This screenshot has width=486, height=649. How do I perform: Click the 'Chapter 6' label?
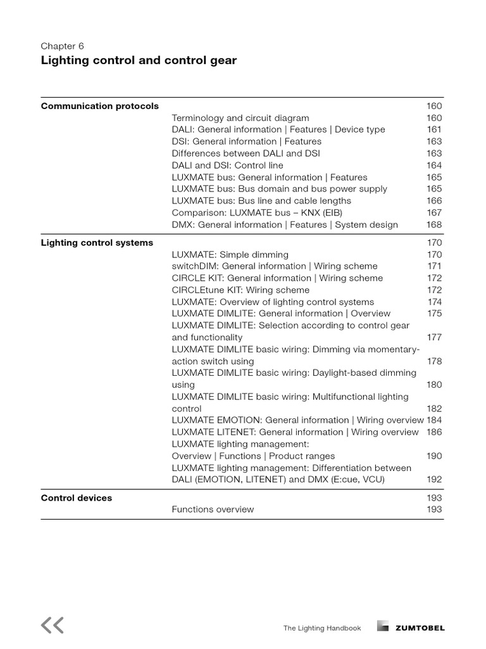click(x=62, y=46)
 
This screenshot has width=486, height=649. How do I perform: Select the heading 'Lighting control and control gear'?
click(x=139, y=61)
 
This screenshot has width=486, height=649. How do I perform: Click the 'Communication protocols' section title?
click(x=99, y=106)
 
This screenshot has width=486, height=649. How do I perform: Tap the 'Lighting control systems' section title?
click(x=97, y=243)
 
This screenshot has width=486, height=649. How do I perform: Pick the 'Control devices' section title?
click(x=76, y=498)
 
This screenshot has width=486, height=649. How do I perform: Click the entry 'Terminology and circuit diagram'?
click(x=240, y=118)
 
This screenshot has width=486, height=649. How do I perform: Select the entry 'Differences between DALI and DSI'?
click(x=246, y=153)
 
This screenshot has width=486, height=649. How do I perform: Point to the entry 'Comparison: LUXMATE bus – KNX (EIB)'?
click(x=257, y=213)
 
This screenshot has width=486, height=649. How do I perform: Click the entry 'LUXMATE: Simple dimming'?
click(x=230, y=255)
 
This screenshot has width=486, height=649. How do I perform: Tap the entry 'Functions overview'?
click(x=213, y=510)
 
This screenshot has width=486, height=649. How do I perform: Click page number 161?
click(x=434, y=129)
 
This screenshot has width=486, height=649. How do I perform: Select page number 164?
click(x=434, y=165)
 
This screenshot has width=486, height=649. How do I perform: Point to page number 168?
click(x=434, y=224)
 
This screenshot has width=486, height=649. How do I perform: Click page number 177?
click(x=434, y=338)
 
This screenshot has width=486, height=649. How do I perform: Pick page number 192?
click(x=434, y=480)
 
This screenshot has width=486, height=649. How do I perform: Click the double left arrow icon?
click(x=53, y=626)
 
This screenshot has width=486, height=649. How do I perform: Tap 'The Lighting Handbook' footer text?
click(x=322, y=628)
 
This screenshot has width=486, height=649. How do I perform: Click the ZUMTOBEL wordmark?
click(x=420, y=628)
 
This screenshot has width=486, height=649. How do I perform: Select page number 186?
click(x=434, y=432)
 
